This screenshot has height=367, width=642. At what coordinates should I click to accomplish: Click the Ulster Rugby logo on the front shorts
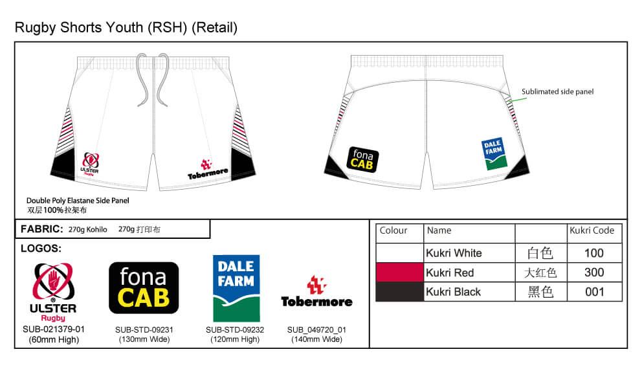[x=90, y=164]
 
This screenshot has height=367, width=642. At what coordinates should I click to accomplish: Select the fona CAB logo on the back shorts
[x=362, y=160]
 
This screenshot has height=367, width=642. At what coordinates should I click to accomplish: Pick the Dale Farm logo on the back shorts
[x=494, y=154]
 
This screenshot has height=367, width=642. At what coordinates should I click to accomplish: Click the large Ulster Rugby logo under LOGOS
[x=53, y=293]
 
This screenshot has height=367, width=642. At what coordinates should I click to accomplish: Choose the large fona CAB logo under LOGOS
[x=144, y=288]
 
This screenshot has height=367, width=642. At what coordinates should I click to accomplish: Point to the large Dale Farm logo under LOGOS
[x=236, y=289]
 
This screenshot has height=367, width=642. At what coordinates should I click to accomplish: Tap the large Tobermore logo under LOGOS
[x=316, y=291]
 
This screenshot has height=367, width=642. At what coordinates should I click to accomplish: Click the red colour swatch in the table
[x=399, y=272]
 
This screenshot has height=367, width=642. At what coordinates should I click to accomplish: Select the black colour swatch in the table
[x=399, y=292]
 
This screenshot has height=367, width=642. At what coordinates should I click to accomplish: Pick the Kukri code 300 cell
[x=595, y=272]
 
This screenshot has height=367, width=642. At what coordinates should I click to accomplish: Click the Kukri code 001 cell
[x=595, y=292]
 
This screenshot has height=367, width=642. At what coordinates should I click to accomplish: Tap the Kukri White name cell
[x=469, y=253]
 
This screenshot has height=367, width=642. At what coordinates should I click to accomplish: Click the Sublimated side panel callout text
[x=557, y=92]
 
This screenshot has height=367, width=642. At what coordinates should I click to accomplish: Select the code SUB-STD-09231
[x=144, y=329]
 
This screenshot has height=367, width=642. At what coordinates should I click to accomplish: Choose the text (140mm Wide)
[x=316, y=339]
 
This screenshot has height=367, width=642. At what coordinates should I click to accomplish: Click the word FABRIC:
[x=42, y=229]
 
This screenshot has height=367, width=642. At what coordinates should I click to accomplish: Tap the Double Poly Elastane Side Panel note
[x=78, y=201]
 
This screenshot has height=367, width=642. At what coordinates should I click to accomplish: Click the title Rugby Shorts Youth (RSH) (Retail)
[x=126, y=27]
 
